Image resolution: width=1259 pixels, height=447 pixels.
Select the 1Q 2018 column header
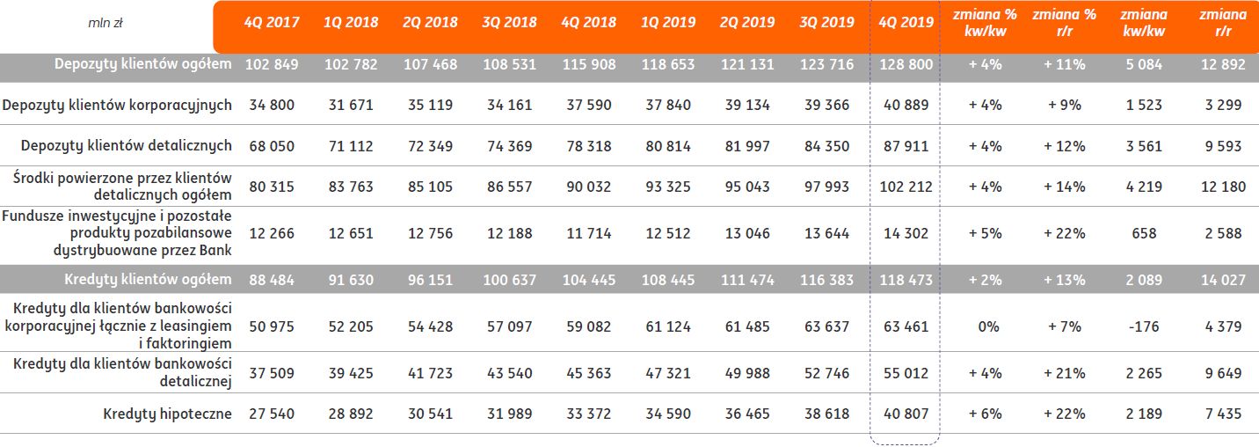click(350, 22)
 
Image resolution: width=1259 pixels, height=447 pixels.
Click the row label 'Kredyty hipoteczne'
click(167, 414)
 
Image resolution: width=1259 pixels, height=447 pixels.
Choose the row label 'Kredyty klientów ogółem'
click(149, 280)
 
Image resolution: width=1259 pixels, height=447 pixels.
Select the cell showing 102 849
click(271, 64)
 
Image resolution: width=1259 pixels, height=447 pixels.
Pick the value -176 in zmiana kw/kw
click(1143, 326)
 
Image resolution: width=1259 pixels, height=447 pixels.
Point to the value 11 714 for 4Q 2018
click(586, 233)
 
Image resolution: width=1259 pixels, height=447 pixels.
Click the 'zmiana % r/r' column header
click(1064, 22)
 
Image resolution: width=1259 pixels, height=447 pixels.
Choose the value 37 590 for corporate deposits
click(586, 105)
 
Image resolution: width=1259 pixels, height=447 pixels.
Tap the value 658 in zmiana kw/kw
click(1143, 233)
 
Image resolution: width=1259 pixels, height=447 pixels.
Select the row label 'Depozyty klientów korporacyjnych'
click(117, 105)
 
